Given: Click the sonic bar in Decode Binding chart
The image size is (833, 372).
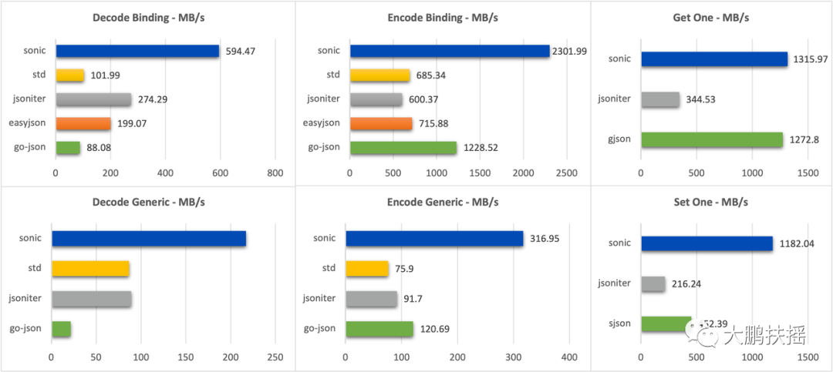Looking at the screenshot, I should (137, 51).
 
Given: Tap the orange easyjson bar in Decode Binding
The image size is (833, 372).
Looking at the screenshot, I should (83, 123).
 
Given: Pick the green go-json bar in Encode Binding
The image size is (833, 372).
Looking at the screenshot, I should (403, 147).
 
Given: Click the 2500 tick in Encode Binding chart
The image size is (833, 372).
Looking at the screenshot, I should (566, 173).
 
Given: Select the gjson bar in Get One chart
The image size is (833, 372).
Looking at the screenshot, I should (712, 139).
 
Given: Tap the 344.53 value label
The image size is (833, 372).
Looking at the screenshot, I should (704, 99).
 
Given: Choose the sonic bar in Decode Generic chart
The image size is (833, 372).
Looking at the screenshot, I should (149, 239).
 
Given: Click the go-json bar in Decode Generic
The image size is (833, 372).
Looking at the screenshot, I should (62, 329).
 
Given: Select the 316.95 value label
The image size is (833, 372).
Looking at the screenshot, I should (544, 239).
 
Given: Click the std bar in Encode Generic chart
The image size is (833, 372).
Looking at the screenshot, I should (367, 269).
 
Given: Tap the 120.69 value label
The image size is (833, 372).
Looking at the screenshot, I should (433, 329).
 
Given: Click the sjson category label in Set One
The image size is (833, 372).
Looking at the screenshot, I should (619, 323).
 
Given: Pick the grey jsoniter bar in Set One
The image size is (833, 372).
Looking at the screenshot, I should (653, 283).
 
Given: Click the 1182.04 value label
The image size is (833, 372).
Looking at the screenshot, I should (798, 243).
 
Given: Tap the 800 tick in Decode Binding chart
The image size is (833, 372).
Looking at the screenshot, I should (275, 173).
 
